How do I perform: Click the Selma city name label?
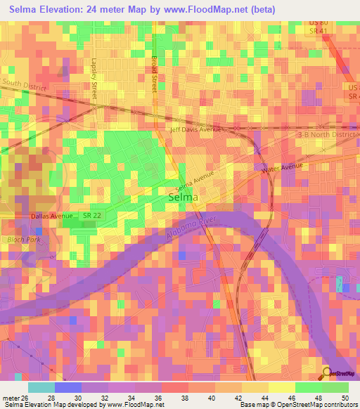(184, 199)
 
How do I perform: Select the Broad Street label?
(153, 74)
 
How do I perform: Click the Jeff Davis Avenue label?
(196, 129)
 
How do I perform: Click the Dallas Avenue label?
(51, 216)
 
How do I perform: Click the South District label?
(23, 85)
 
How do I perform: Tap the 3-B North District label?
(328, 134)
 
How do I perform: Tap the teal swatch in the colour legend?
(41, 387)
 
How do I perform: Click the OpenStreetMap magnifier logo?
(326, 374)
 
